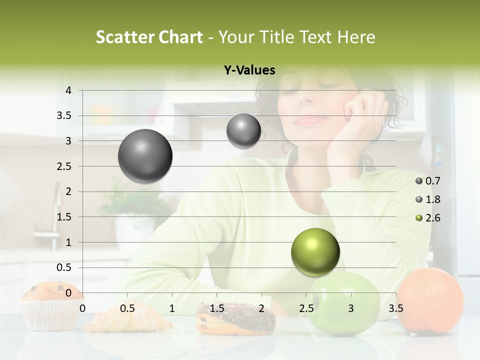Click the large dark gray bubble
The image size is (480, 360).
point(145,156)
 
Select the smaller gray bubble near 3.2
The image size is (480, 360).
point(243,131)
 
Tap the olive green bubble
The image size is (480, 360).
point(315,252)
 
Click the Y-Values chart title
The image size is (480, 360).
point(249,70)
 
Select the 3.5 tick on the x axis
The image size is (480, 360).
point(395,308)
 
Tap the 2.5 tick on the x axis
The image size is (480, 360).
point(306,308)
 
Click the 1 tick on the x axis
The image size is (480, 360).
point(172,308)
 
